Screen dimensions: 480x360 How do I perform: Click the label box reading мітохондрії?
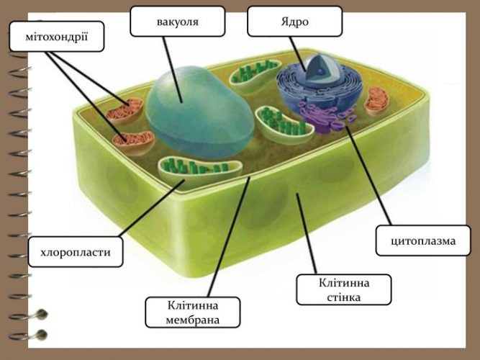[57, 36]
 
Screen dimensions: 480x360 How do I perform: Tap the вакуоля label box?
[178, 21]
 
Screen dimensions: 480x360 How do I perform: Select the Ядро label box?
[294, 21]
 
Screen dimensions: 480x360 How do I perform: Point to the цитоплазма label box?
[423, 240]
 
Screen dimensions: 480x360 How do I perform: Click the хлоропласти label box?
[76, 252]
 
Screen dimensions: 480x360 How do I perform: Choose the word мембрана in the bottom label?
[193, 320]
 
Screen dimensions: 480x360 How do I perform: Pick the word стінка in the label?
[343, 297]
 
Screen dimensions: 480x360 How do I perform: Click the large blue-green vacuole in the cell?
[199, 112]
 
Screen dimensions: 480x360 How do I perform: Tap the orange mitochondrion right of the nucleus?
[376, 100]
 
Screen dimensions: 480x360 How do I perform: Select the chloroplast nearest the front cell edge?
[199, 169]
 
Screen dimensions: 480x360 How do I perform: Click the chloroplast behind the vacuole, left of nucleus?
[255, 73]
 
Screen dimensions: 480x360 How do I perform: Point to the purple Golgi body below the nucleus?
[327, 117]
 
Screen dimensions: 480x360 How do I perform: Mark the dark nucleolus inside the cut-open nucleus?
[320, 71]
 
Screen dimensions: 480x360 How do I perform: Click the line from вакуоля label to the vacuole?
[173, 70]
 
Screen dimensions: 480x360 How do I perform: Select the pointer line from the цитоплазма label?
[368, 176]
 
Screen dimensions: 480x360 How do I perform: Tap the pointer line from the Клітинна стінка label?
[306, 233]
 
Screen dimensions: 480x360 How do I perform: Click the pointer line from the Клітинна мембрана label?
[229, 237]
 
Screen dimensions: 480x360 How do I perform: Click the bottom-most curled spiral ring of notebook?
[29, 335]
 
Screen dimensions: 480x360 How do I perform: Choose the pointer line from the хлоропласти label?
[152, 208]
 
